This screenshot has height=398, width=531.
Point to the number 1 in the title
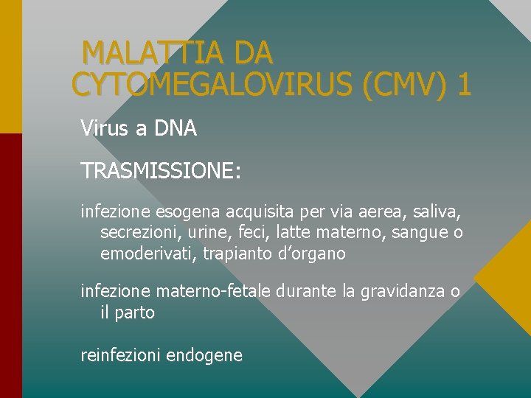[x=465, y=85]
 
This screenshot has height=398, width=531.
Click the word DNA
[x=176, y=129]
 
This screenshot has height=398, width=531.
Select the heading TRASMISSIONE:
[x=161, y=171]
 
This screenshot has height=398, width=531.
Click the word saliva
[x=435, y=214]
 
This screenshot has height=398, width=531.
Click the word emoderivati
[x=142, y=254]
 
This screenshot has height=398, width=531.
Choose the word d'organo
[x=308, y=254]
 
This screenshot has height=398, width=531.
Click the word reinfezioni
[x=121, y=355]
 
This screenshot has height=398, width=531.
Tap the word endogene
[x=204, y=355]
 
